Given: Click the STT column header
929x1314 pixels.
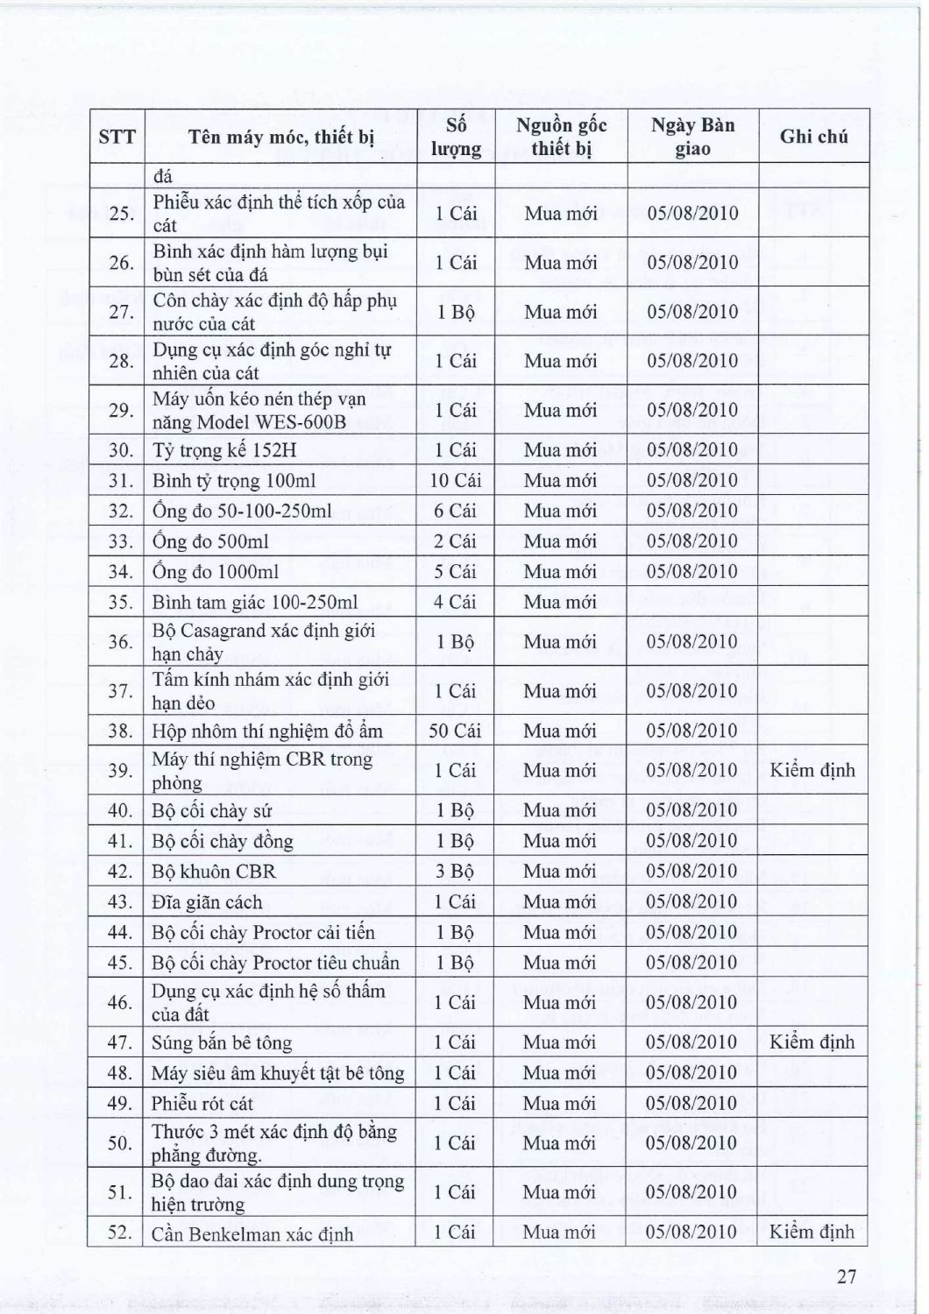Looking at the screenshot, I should click(117, 137).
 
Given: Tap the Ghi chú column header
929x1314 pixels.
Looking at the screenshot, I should click(813, 137).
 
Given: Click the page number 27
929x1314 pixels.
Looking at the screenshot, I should click(846, 1276).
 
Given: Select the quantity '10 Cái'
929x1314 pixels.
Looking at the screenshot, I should click(456, 480).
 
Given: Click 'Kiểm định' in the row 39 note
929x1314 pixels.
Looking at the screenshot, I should click(812, 771).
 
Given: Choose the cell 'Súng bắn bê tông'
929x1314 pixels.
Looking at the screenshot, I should click(222, 1042).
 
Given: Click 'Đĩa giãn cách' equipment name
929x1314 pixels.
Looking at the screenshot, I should click(207, 902).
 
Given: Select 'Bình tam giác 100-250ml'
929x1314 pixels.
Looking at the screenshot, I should click(255, 603).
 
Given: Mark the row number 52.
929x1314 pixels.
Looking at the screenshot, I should click(119, 1233).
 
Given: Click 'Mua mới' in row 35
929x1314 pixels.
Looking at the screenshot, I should click(560, 603).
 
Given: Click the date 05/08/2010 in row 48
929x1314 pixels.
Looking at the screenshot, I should click(691, 1073).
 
